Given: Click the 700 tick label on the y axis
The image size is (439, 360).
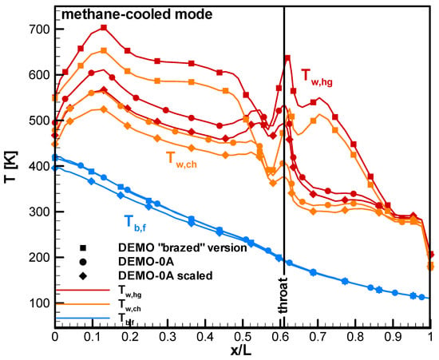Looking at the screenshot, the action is tap(38, 30).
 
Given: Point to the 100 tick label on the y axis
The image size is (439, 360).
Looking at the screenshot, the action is tap(38, 303).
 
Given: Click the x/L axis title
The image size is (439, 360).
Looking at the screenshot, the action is tap(241, 351).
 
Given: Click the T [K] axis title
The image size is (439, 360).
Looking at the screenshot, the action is tap(11, 168).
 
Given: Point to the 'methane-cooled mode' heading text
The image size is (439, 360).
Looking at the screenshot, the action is tap(137, 14).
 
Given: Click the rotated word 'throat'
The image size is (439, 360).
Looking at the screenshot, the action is tap(283, 295).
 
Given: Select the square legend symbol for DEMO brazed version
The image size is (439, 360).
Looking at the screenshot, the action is tap(83, 248).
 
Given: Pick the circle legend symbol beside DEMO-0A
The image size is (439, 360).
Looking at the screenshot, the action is tap(83, 262).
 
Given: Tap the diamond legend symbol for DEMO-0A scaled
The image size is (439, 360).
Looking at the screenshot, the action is tap(83, 276).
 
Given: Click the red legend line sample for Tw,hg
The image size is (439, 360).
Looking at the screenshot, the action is tap(83, 290).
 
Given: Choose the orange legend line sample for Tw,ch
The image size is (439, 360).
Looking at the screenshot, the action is tap(83, 304).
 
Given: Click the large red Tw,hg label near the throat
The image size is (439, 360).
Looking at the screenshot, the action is tap(317, 77).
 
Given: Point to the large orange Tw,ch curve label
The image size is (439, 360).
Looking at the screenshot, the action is tap(181, 160).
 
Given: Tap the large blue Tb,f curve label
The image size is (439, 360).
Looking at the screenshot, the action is tap(135, 224).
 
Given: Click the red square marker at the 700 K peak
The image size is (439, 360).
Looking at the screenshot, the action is tap(104, 27).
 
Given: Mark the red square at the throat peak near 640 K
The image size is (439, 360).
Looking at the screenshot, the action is tap(287, 58).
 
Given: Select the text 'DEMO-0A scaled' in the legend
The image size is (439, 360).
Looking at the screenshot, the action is tap(165, 275).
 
